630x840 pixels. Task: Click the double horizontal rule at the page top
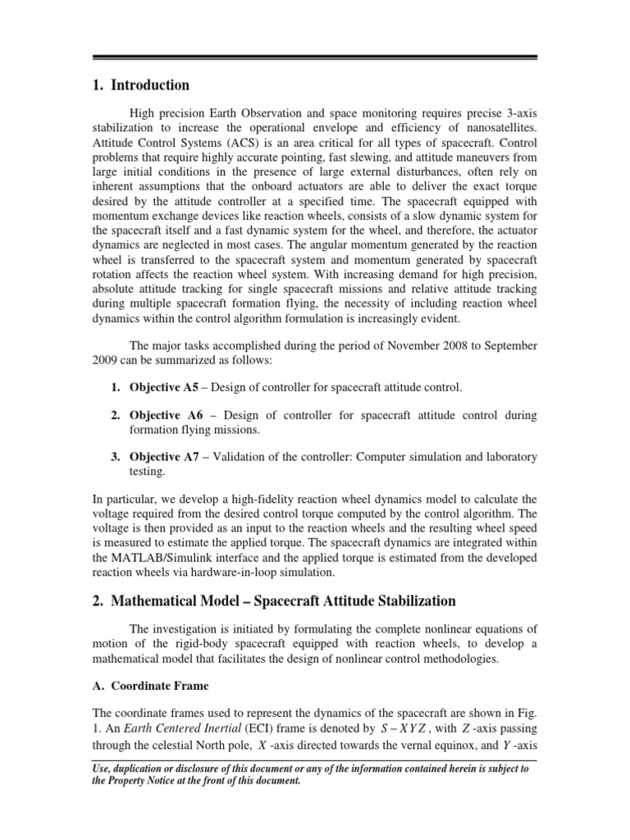click(315, 57)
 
